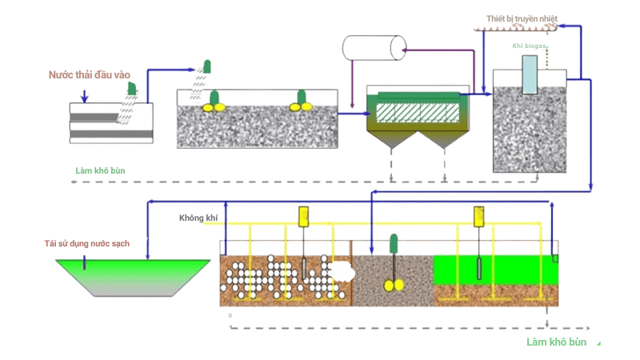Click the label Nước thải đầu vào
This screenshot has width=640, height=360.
pos(89,75)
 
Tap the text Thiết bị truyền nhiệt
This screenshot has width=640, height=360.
pos(521,18)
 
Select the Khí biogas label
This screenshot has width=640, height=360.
pos(529,46)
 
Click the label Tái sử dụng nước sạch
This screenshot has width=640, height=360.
pos(86,243)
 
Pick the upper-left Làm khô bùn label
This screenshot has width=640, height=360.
pos(100,170)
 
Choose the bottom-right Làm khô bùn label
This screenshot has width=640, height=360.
pos(556,342)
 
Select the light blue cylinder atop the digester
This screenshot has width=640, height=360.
pos(529,74)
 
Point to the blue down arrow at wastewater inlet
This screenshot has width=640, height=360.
pos(85,98)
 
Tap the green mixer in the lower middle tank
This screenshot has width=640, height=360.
pos(393,264)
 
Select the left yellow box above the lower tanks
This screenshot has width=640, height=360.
pos(303,216)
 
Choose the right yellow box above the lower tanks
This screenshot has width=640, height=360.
pos(479,216)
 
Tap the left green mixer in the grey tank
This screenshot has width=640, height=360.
pos(214,101)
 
